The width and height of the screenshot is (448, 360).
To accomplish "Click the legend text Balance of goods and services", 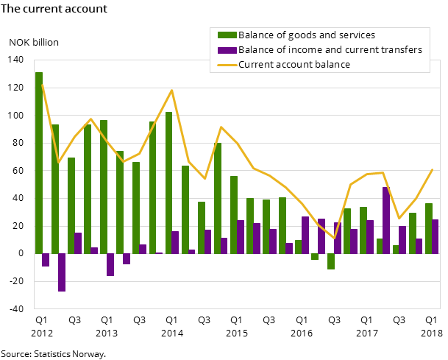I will pos(306,35).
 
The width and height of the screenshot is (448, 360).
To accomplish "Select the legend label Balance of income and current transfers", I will pos(330,50).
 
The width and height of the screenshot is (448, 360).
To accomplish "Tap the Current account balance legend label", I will pos(294,65).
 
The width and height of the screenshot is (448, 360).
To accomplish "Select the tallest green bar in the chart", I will pos(39,162).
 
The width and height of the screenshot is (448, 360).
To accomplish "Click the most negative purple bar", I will pos(62,272).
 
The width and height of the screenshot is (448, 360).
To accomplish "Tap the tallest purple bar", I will pos(386,220).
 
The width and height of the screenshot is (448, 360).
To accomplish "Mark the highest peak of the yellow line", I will pos(172,91).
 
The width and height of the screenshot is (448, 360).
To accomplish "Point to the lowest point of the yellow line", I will pos(335,238).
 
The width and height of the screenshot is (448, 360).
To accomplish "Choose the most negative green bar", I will pos(331,261).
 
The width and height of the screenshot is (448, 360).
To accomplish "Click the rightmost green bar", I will pos(429,228).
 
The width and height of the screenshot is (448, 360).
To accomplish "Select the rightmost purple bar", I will pos(435,236).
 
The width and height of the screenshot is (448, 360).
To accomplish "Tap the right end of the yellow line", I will pos(433,169).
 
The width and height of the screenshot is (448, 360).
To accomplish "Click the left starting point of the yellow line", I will pos(42,84).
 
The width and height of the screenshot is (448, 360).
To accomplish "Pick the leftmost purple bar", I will pos(46,260).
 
